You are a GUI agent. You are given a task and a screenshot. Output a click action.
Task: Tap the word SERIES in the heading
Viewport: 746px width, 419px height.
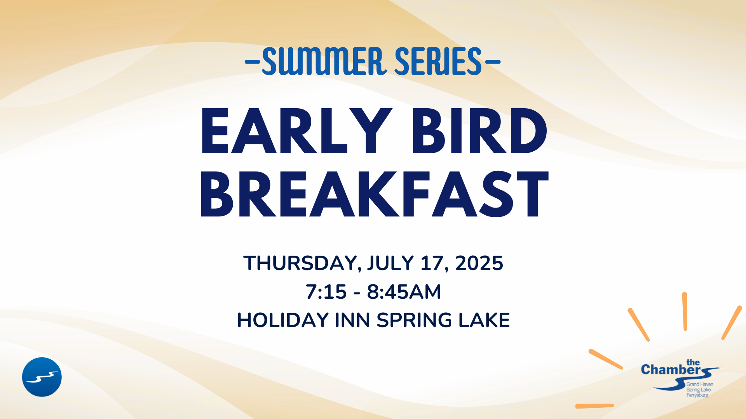coord(438,61)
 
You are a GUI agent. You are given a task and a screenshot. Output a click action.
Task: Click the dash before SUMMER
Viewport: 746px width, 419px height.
coord(253,61)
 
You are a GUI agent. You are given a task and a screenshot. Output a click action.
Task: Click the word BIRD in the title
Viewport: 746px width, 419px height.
coord(479,131)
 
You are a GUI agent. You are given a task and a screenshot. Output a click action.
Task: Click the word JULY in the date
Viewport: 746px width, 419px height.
coord(390,263)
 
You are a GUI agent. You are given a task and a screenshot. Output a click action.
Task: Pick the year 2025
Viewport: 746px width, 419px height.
coord(479,263)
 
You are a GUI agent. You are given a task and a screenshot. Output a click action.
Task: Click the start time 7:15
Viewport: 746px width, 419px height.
coord(326,292)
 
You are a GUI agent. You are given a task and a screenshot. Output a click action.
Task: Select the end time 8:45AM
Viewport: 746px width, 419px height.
coord(404,292)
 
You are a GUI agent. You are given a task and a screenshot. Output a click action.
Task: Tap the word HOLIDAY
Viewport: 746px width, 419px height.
coord(283,320)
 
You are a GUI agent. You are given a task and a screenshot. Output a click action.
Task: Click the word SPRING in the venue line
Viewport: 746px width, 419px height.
coord(415,320)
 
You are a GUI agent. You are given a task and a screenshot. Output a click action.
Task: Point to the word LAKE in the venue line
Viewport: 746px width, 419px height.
coord(484,320)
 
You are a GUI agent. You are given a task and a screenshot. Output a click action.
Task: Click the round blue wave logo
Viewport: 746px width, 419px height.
coord(42,377)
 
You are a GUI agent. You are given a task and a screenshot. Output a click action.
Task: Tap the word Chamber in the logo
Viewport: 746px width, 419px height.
coord(671,370)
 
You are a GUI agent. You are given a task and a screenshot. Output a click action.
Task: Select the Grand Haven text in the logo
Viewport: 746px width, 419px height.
coord(700,384)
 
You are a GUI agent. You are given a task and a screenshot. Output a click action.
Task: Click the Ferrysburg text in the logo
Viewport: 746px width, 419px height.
coord(697,395)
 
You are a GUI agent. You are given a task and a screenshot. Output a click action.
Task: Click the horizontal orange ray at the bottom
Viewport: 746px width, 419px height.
coord(594,406)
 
